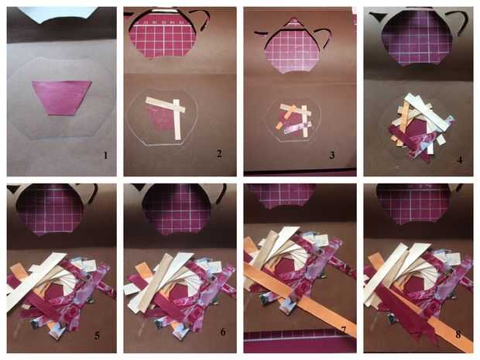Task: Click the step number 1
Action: [105, 156]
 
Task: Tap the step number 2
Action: [219, 153]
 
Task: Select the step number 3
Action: [332, 155]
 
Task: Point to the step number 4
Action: [460, 159]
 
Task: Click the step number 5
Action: [97, 335]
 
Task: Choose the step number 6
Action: [223, 331]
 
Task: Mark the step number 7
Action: [343, 330]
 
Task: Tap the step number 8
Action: [458, 334]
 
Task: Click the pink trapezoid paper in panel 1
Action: [61, 98]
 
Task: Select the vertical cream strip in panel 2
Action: [177, 119]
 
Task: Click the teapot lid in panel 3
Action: [293, 23]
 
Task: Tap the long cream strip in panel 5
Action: [36, 281]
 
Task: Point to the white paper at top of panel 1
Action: [58, 15]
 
